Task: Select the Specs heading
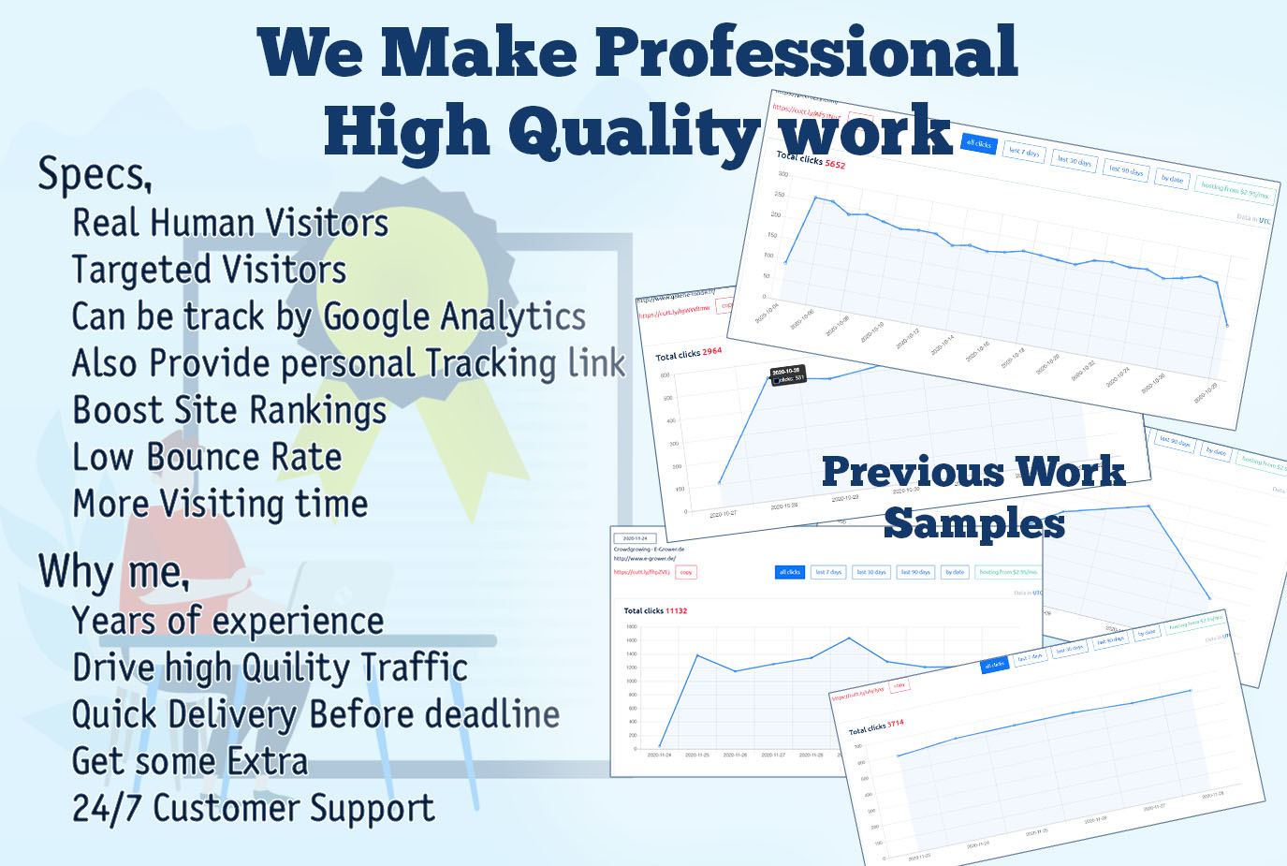(x=94, y=174)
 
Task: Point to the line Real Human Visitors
(x=230, y=224)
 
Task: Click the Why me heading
(x=113, y=571)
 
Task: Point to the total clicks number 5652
(x=835, y=165)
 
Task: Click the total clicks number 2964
(x=711, y=351)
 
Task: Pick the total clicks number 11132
(x=676, y=610)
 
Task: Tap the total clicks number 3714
(x=896, y=724)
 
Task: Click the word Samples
(x=973, y=523)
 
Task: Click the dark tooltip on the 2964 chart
(x=787, y=374)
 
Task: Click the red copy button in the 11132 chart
(x=686, y=572)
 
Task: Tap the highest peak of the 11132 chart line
(x=849, y=638)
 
